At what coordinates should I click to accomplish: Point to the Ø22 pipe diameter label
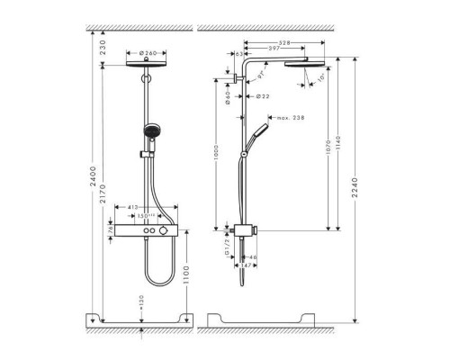coord(263,95)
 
